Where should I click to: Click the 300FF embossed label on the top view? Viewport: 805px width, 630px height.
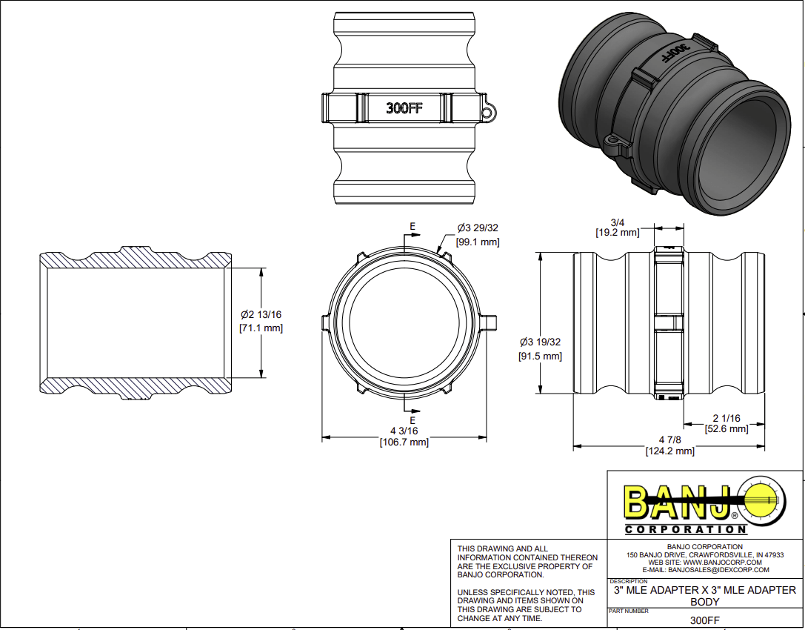point(404,108)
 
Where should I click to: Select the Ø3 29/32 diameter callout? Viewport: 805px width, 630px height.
point(478,228)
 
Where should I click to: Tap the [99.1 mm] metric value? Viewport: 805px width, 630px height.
point(478,242)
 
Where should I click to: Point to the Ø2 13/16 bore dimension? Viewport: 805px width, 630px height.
point(261,314)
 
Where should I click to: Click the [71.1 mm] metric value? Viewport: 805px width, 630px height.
point(261,328)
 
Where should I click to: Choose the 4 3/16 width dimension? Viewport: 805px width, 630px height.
point(404,431)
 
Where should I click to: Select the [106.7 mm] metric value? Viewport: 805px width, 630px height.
point(404,442)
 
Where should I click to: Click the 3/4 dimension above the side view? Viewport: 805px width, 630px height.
point(617,222)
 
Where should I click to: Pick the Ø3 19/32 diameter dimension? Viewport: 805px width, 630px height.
point(540,342)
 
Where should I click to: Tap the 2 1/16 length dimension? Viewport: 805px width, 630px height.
point(726,418)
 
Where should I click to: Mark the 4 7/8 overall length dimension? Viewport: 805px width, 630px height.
point(669,440)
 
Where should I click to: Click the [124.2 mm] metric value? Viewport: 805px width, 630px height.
point(669,451)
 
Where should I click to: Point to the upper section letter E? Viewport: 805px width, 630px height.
point(412,226)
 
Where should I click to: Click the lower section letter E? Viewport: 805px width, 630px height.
point(412,420)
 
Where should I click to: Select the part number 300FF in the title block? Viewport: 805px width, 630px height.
point(704,621)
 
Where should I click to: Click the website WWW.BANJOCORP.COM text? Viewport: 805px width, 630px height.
point(704,563)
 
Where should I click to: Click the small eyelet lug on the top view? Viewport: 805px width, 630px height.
point(487,113)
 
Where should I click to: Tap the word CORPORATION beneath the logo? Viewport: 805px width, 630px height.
point(686,529)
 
